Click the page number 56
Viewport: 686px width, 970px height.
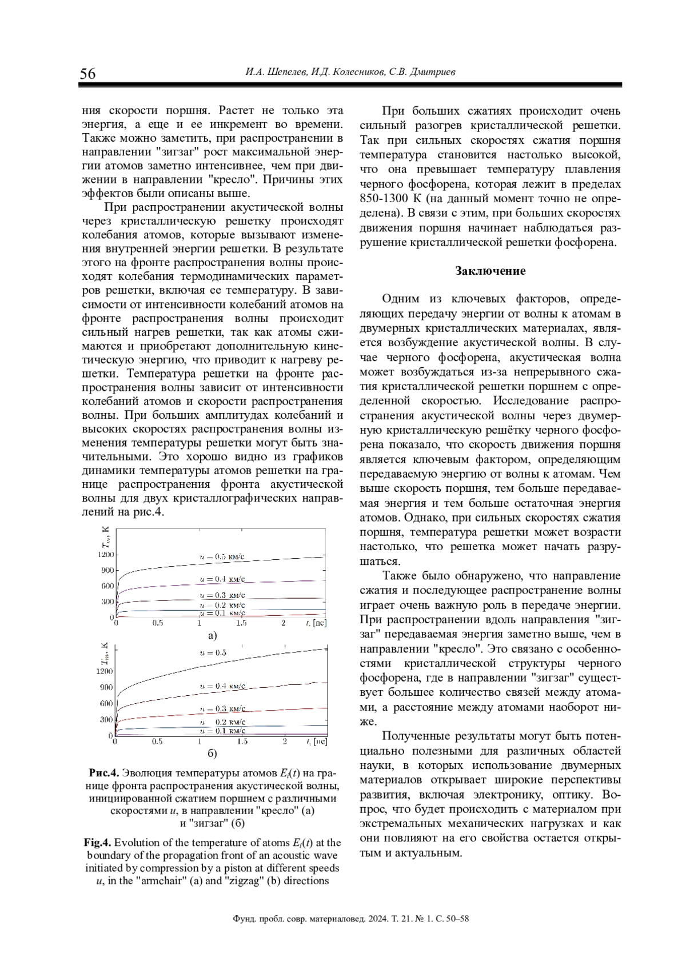88,74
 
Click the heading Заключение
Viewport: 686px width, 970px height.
490,271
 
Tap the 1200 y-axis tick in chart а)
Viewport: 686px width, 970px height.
106,555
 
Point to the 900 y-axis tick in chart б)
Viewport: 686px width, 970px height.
106,687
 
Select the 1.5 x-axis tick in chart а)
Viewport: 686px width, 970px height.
241,623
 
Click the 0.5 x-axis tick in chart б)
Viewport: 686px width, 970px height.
157,741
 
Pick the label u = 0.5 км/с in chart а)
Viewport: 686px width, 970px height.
222,556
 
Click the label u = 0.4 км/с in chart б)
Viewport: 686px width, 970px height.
222,686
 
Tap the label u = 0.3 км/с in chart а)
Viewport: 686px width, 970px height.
222,595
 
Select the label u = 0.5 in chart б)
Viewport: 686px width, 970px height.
213,652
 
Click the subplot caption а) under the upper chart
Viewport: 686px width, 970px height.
212,635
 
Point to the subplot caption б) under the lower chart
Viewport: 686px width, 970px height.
212,753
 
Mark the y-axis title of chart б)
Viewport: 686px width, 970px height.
105,655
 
